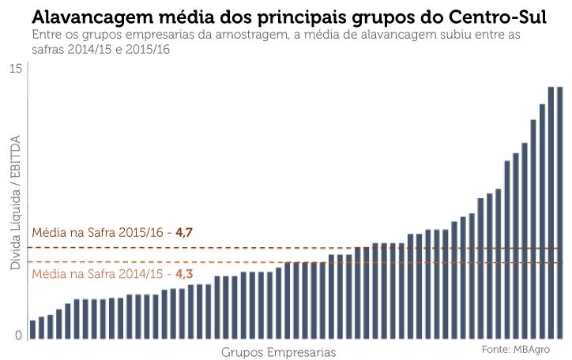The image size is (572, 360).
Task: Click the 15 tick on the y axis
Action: pos(16,69)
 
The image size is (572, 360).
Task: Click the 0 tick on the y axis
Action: pos(19,336)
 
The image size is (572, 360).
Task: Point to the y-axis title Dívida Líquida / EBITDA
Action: pos(15,203)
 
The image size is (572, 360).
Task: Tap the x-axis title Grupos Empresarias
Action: pos(278,353)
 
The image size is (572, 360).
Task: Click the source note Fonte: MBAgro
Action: pos(515,350)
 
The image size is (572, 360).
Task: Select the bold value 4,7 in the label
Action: pos(184,232)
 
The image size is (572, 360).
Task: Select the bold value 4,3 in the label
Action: pos(184,274)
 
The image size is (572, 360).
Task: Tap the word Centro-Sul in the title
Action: pos(498,17)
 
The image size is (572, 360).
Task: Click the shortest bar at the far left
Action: pos(33,330)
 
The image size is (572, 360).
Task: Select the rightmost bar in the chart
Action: pos(560,213)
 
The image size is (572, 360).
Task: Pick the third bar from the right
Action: pos(543,222)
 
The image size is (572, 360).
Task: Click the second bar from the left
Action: pos(42,328)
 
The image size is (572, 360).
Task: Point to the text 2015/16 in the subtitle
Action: pos(148,49)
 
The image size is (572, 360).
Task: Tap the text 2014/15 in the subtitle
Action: pos(89,49)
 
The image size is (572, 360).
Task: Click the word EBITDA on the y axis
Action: pos(15,159)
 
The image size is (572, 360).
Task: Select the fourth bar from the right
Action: pos(533,229)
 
